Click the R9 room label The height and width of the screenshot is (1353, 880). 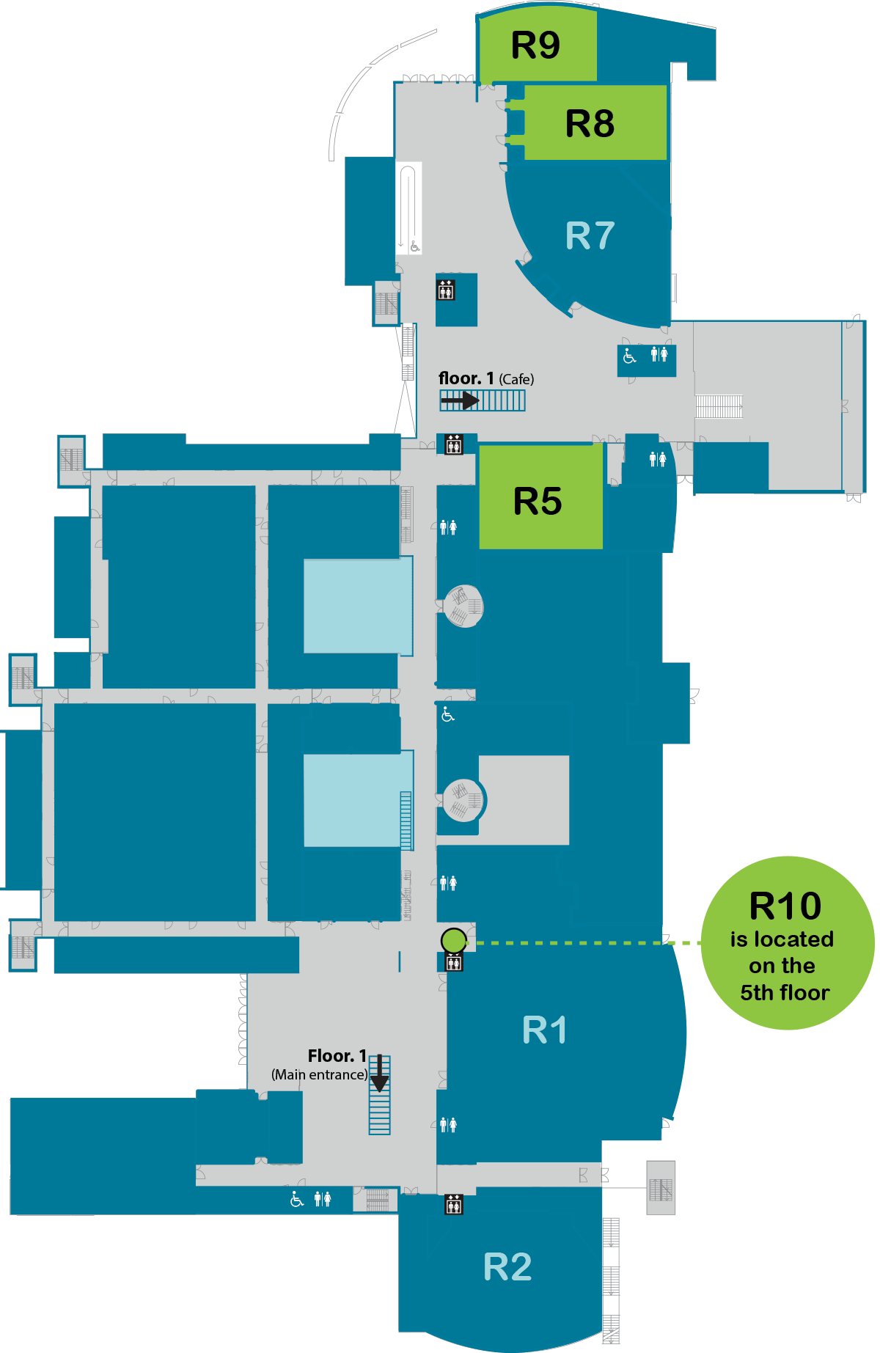click(x=535, y=45)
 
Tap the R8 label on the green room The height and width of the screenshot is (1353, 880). click(x=590, y=123)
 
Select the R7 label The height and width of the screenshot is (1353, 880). click(x=590, y=236)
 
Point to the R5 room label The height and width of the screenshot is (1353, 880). click(x=538, y=502)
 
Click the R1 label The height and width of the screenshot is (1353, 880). click(x=544, y=1030)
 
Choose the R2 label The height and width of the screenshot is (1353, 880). click(x=507, y=1267)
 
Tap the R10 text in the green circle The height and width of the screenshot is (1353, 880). click(x=785, y=906)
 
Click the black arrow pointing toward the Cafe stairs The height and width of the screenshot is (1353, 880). click(x=461, y=400)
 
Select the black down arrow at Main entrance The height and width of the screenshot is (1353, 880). click(x=379, y=1074)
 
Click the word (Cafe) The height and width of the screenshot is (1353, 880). click(x=516, y=379)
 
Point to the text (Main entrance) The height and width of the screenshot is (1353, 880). click(x=320, y=1074)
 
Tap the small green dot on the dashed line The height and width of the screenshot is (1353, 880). click(x=453, y=939)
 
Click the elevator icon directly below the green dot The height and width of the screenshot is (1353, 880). click(x=454, y=961)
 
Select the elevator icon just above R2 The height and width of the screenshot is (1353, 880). click(x=454, y=1204)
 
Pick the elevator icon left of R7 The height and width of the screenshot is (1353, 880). click(x=446, y=290)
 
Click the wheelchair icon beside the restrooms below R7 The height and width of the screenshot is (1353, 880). click(x=629, y=356)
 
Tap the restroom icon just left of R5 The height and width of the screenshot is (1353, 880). click(x=448, y=527)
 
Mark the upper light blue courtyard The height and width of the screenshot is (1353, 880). click(x=358, y=606)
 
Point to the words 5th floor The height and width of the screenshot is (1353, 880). click(x=785, y=993)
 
